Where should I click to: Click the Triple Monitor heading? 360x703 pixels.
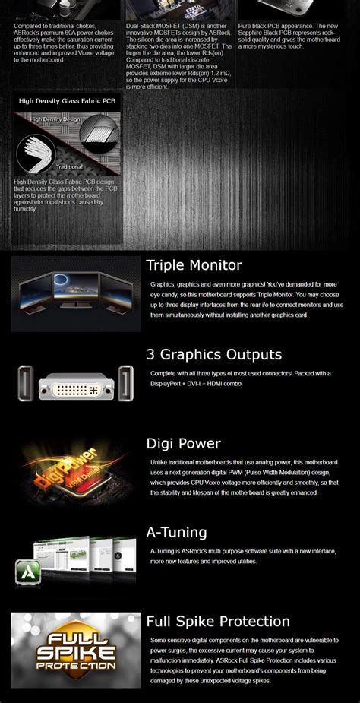(x=194, y=265)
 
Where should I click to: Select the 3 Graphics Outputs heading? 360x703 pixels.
(x=213, y=354)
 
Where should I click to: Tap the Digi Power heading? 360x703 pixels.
(x=183, y=443)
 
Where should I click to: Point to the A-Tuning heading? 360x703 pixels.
(x=176, y=532)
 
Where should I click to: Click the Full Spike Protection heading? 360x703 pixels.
(x=218, y=622)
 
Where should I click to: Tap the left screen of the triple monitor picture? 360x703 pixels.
(x=36, y=293)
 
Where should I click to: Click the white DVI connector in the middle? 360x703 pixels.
(x=76, y=383)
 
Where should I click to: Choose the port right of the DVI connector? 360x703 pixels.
(x=125, y=382)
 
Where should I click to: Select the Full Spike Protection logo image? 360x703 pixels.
(x=75, y=651)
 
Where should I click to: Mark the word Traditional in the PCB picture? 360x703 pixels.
(x=69, y=166)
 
